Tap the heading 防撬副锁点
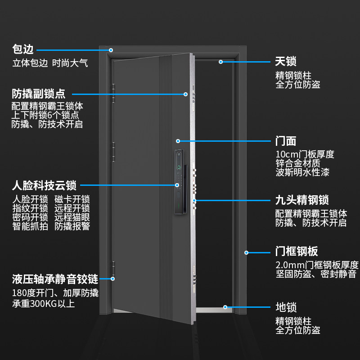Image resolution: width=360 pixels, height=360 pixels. click(x=39, y=94)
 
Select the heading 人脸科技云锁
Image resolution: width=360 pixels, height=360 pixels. click(x=44, y=184)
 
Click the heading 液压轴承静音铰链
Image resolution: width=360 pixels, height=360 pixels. click(x=55, y=279)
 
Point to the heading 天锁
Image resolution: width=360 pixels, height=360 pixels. click(x=286, y=62)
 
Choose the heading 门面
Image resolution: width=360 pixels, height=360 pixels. click(x=286, y=141)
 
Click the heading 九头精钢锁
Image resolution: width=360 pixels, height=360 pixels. click(x=302, y=200)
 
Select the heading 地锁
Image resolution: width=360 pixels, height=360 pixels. click(x=286, y=308)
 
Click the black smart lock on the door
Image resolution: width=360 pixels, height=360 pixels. click(x=180, y=180)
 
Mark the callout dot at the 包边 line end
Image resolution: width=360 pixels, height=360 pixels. click(x=111, y=50)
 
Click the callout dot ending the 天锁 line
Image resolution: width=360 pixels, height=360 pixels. click(x=221, y=62)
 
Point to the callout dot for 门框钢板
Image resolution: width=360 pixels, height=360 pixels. click(x=247, y=252)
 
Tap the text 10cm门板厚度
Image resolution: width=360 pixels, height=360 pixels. click(x=305, y=155)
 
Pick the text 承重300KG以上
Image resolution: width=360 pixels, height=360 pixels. click(x=43, y=304)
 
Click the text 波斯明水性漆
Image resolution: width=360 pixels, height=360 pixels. click(x=302, y=172)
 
